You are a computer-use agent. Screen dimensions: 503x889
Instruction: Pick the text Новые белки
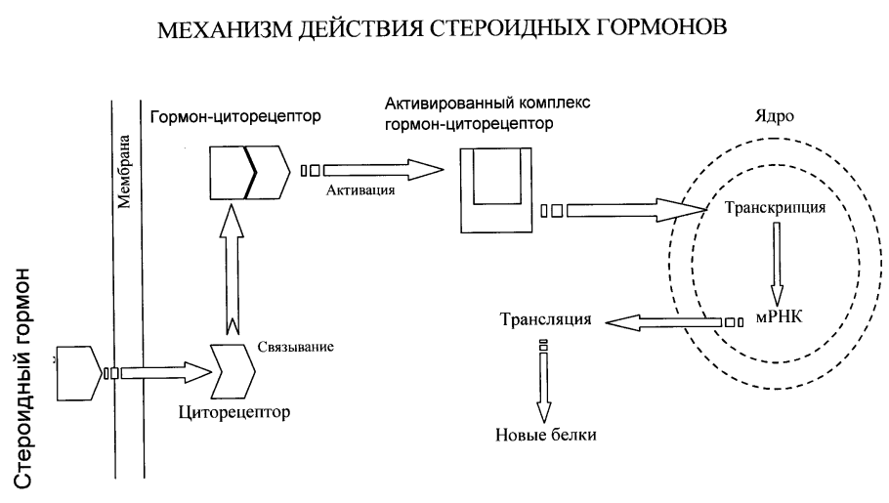pyautogui.click(x=544, y=435)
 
